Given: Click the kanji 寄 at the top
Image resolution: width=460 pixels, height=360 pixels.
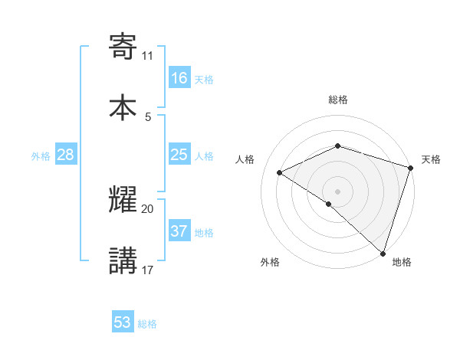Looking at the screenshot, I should tap(123, 47).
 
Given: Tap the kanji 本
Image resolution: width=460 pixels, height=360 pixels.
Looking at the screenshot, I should tap(123, 107).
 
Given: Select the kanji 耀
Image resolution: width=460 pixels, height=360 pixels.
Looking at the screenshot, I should tap(123, 201).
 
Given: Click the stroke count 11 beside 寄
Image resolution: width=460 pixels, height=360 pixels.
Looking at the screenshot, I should tap(147, 56).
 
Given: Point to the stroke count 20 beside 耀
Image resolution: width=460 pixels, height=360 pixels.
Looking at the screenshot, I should tap(147, 208).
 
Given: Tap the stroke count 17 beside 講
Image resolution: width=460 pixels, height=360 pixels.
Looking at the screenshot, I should tap(147, 270).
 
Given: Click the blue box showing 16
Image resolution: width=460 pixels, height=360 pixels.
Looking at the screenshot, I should tap(179, 78).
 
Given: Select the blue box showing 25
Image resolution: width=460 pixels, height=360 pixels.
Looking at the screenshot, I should tap(179, 155).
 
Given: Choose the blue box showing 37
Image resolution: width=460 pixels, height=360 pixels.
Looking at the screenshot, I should tap(179, 231).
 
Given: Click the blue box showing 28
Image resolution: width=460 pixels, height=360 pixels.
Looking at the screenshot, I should tap(66, 155).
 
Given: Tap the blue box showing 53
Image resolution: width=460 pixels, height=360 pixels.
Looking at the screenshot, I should tap(123, 322).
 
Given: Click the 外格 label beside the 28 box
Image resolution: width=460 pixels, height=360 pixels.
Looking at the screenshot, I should tap(41, 156).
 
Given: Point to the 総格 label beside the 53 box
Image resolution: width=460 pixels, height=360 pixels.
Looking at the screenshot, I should tap(147, 324).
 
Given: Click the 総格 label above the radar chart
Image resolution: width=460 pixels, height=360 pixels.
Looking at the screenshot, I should tap(338, 100).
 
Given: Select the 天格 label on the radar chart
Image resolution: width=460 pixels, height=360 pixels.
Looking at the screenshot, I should tap(431, 159).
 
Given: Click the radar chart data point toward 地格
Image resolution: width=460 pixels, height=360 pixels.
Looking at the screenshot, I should tap(383, 253).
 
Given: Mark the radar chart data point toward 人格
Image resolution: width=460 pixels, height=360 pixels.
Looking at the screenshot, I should tap(280, 172).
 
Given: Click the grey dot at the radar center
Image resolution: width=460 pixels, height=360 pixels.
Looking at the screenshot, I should tap(337, 191).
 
